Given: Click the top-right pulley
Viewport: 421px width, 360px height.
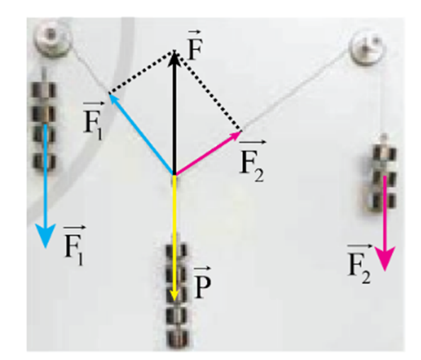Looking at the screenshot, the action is [368, 47].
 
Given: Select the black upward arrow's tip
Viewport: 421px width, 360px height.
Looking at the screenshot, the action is [175, 51].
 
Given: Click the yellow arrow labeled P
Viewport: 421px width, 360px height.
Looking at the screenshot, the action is [175, 237].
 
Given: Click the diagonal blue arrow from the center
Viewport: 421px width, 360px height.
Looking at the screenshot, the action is [142, 133].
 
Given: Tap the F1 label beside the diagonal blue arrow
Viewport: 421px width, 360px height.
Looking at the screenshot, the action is [94, 120].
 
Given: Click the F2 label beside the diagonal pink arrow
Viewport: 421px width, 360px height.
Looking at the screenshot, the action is [252, 161].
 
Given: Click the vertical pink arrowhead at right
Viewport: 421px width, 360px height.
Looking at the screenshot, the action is [385, 259].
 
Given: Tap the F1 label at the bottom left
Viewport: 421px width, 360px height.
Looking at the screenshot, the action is [74, 245].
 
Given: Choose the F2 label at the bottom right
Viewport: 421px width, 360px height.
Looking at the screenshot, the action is [359, 264].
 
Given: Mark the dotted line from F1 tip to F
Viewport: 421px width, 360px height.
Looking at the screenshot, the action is [142, 72].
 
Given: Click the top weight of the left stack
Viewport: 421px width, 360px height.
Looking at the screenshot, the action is [45, 90].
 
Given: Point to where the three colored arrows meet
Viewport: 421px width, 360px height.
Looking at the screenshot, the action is [175, 174].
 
